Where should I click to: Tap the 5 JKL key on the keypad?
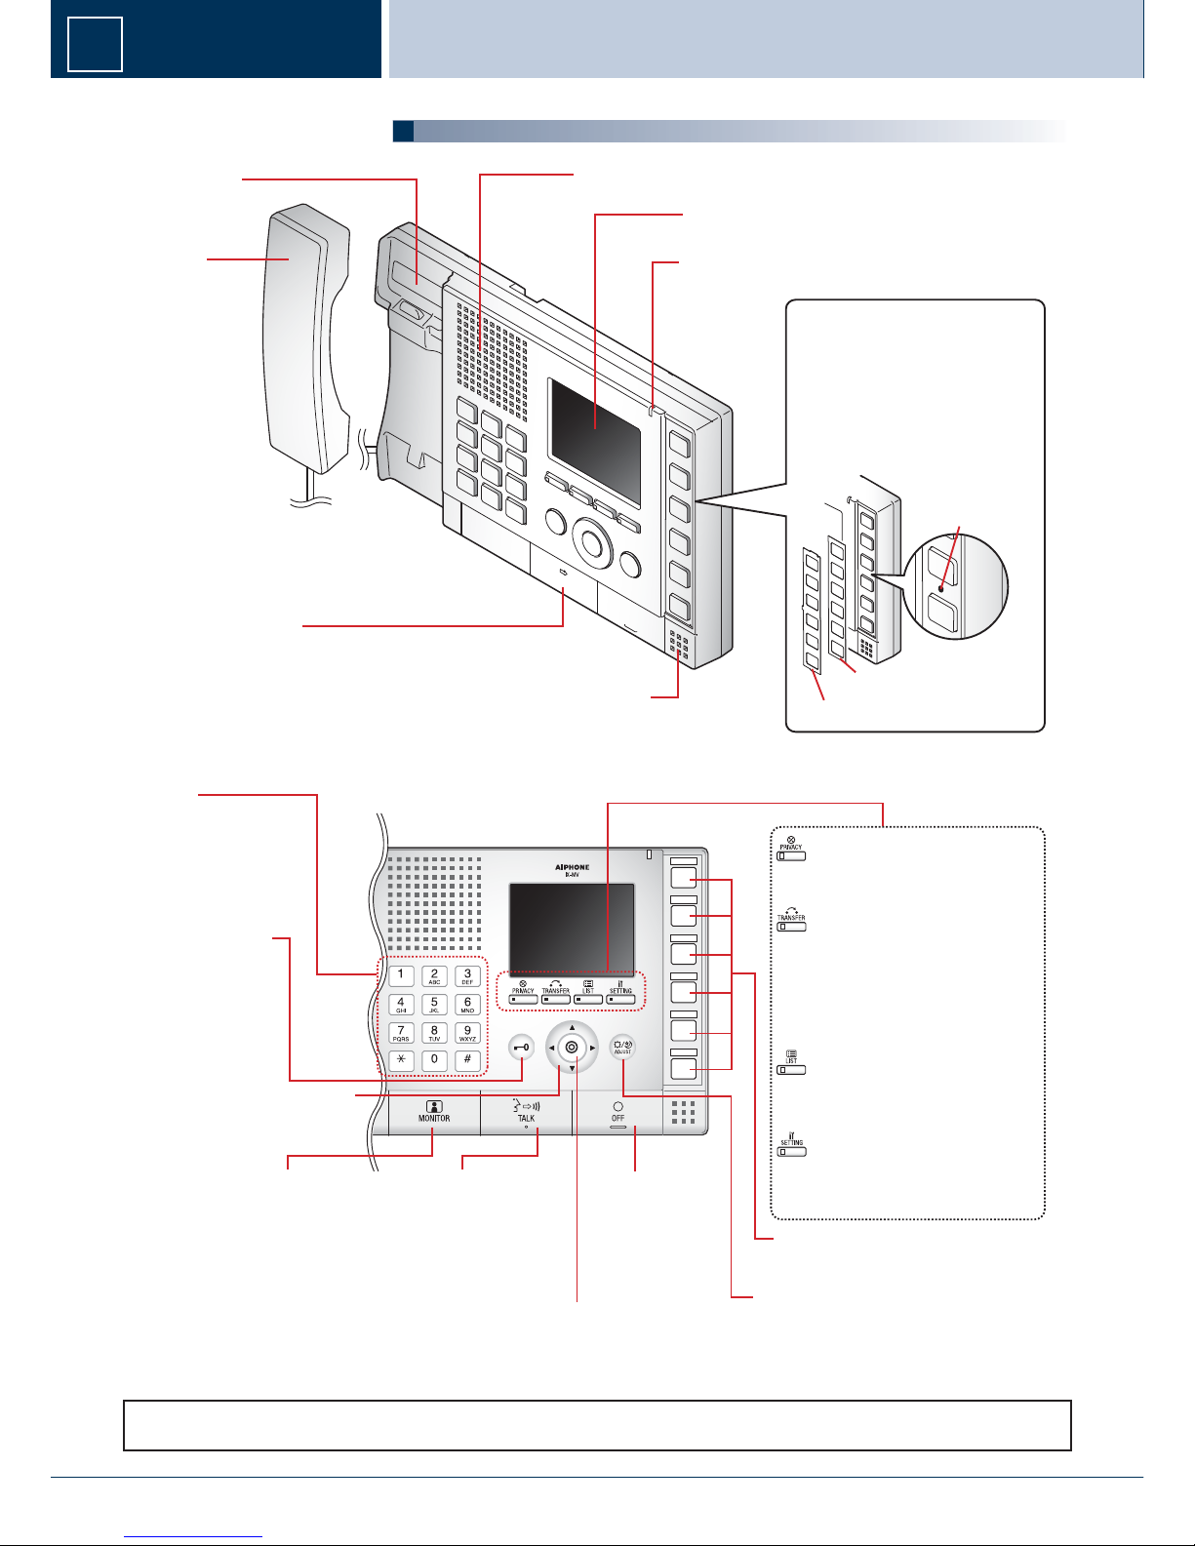pyautogui.click(x=434, y=1004)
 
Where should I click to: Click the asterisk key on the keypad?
pyautogui.click(x=401, y=1060)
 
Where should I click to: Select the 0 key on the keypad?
pyautogui.click(x=434, y=1060)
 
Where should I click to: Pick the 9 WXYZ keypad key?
pyautogui.click(x=467, y=1032)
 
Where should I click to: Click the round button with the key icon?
pyautogui.click(x=523, y=1048)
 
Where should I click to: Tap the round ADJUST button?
pyautogui.click(x=622, y=1048)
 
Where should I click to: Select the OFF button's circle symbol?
pyautogui.click(x=617, y=1107)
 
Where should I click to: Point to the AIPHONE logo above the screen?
pyautogui.click(x=572, y=866)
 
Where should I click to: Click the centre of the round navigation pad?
pyautogui.click(x=572, y=1048)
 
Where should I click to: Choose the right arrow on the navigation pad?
pyautogui.click(x=592, y=1048)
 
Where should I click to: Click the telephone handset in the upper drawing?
pyautogui.click(x=304, y=341)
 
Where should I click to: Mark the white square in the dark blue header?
pyautogui.click(x=95, y=45)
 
